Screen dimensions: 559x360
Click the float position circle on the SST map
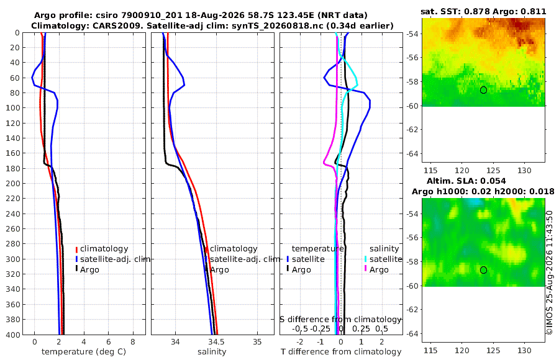coord(483,90)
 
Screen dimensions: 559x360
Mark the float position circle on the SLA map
coord(483,270)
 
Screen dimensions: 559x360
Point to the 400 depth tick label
coord(13,335)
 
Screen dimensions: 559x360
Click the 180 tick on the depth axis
coord(13,168)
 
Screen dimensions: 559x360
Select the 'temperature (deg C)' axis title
coord(84,352)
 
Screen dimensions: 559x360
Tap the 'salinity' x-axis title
coord(212,352)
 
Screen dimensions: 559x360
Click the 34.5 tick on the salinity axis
coord(216,342)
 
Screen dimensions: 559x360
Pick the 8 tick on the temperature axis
coord(133,342)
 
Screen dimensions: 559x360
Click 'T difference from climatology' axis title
coord(341,352)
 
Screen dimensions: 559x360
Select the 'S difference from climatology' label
coord(340,320)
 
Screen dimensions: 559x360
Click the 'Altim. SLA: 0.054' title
coord(466,181)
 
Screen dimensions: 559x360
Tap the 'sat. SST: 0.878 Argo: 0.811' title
coord(483,11)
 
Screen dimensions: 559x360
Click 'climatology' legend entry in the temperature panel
coord(104,249)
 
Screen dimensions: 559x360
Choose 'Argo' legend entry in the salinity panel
coord(219,270)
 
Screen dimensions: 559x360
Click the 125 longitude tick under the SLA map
coord(493,350)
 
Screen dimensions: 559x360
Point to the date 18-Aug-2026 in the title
coord(214,16)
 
